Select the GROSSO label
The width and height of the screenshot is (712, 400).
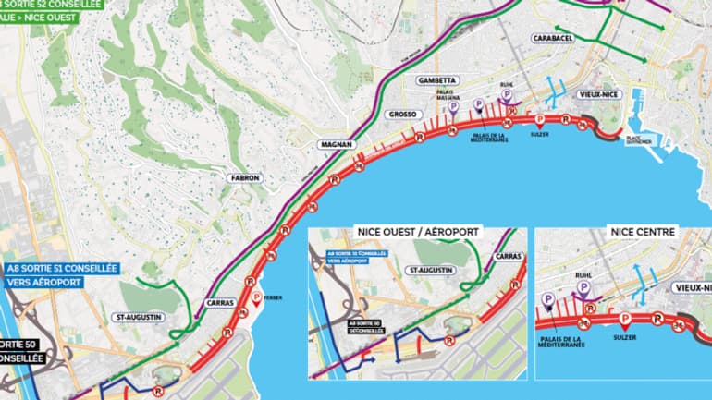[x=403, y=115]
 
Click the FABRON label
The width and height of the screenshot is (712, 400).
[x=247, y=177]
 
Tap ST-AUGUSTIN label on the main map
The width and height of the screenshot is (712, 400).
[x=139, y=317]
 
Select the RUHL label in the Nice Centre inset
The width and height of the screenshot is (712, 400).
[x=582, y=274]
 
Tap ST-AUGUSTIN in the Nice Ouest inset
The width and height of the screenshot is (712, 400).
[x=431, y=270]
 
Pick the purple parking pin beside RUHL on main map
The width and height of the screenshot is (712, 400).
[x=507, y=95]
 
